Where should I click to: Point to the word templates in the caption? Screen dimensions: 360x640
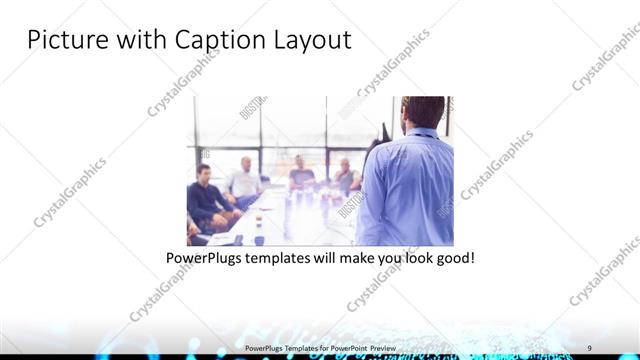coord(294,258)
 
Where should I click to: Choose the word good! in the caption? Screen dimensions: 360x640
coord(452,258)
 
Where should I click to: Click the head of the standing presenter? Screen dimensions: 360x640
coord(422,112)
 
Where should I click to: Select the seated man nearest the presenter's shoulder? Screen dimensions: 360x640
coord(345,178)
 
